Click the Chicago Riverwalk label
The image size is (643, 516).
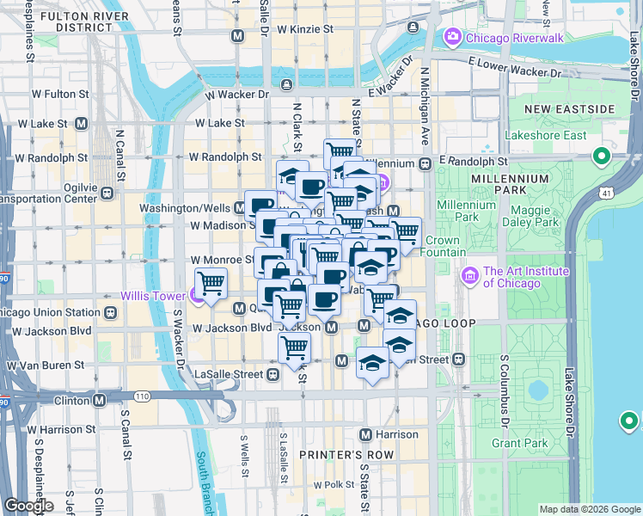pos(514,38)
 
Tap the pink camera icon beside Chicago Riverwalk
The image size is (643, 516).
pos(452,37)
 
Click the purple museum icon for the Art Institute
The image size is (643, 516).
pos(469,276)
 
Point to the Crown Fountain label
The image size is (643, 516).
pos(443,246)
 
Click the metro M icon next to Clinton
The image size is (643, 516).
pos(100,400)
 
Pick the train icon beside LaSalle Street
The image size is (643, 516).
pos(273,374)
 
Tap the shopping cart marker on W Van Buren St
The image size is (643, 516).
pos(295,347)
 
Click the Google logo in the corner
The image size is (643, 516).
pos(28,506)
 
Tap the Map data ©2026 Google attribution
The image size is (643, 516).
pos(589,509)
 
